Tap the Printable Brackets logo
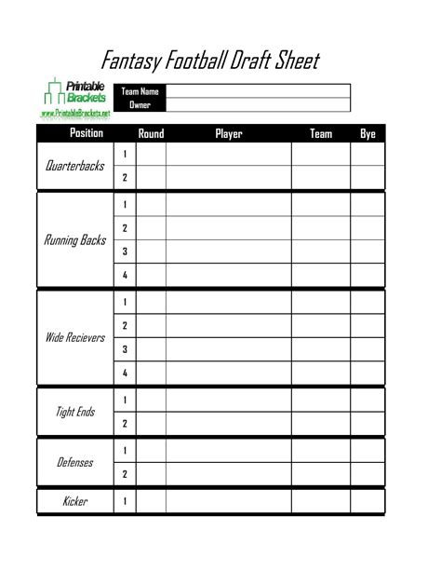(x=76, y=93)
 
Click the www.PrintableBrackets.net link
(x=75, y=114)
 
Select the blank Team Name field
(x=258, y=91)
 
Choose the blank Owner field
(x=258, y=105)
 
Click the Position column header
(x=87, y=134)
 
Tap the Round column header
(x=151, y=134)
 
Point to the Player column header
(x=228, y=134)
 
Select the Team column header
(x=320, y=134)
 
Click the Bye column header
(x=367, y=134)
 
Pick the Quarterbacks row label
(x=75, y=166)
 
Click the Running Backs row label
(x=75, y=240)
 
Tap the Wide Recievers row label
(x=75, y=337)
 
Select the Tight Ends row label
(x=75, y=412)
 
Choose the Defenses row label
(x=75, y=462)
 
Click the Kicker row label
(x=75, y=501)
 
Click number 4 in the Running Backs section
(x=125, y=275)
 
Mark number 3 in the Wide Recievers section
(x=125, y=349)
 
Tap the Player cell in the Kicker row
(x=228, y=501)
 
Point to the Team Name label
(x=140, y=91)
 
